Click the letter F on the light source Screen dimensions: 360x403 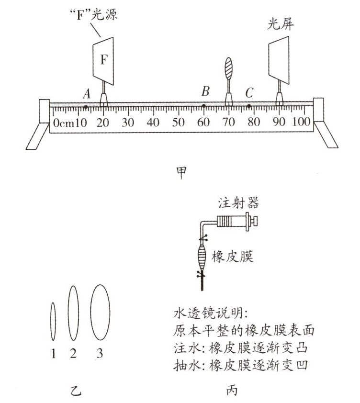pyautogui.click(x=104, y=60)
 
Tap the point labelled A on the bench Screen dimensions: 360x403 pyautogui.click(x=85, y=106)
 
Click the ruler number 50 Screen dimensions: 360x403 pyautogui.click(x=179, y=122)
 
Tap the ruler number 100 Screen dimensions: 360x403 pyautogui.click(x=301, y=122)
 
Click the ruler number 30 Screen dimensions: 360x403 pyautogui.click(x=128, y=122)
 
